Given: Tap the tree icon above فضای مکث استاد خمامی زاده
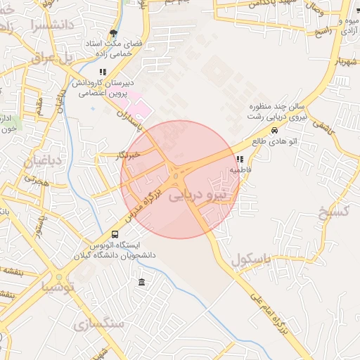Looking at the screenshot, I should (x=113, y=33).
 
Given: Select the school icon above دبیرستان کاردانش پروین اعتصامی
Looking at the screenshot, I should (x=103, y=72).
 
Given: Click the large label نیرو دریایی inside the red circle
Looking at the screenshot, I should (x=199, y=195).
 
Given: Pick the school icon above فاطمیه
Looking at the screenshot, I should (x=240, y=160).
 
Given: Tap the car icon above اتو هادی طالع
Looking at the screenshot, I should (x=274, y=129).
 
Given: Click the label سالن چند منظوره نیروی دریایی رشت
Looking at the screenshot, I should (x=279, y=112).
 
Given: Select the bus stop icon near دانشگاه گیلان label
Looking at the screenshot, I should (x=115, y=234).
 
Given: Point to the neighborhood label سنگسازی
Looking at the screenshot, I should (x=98, y=324).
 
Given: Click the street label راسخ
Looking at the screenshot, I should (x=323, y=33).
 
